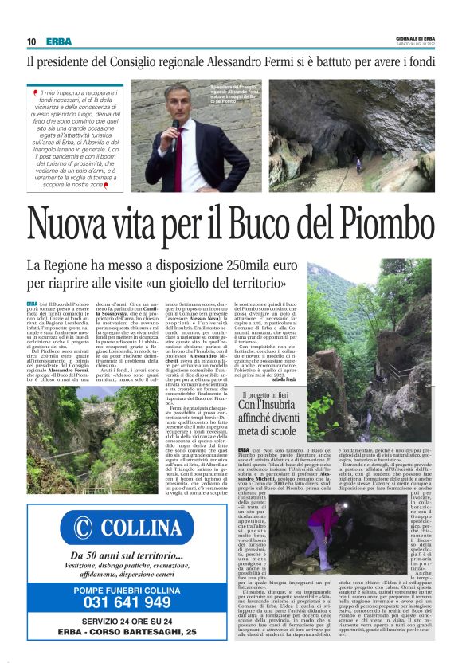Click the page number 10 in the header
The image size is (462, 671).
tap(31, 41)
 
